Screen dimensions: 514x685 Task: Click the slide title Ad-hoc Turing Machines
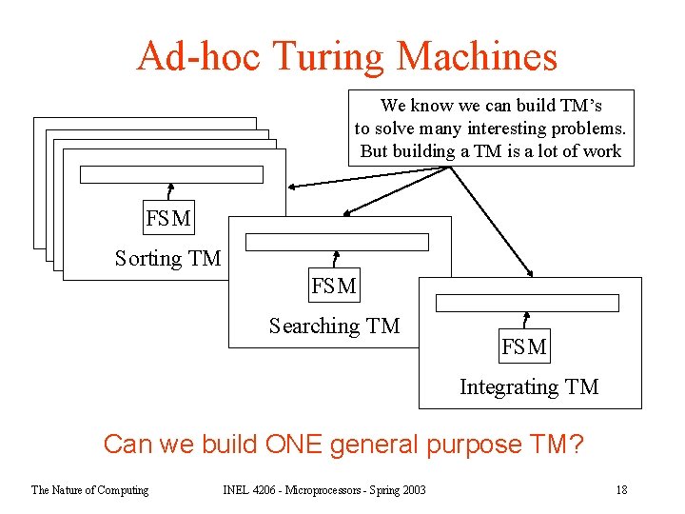click(x=346, y=56)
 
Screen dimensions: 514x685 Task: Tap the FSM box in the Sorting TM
click(x=168, y=219)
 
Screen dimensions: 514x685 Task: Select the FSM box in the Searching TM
click(x=334, y=286)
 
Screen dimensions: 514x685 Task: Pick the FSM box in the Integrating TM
click(x=524, y=347)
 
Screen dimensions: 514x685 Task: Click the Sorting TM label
click(x=167, y=258)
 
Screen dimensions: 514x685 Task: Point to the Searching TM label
click(x=334, y=326)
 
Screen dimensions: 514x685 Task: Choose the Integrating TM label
click(x=529, y=386)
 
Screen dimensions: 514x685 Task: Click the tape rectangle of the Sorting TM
click(x=171, y=174)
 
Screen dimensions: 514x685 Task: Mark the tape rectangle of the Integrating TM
click(x=527, y=303)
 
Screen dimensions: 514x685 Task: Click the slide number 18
click(x=621, y=490)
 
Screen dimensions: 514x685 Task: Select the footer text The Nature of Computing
click(x=89, y=490)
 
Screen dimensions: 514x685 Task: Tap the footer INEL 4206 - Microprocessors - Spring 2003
click(x=324, y=490)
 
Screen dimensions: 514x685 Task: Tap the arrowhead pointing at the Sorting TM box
click(x=293, y=185)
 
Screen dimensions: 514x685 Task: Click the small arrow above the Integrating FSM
click(x=526, y=320)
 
